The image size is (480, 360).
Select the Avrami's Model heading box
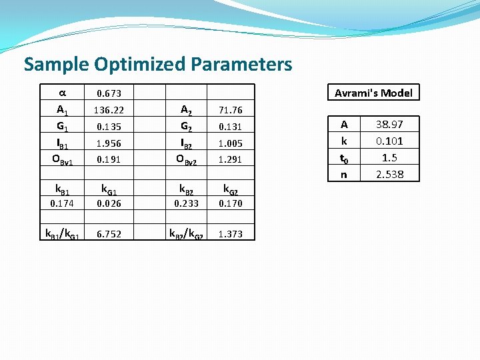click(x=373, y=93)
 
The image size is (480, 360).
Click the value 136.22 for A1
click(x=109, y=110)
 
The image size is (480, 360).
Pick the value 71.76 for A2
click(x=230, y=111)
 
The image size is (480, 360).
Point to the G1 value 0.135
click(x=109, y=127)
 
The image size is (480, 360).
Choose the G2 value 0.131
click(x=230, y=127)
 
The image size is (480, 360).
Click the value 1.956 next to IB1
click(x=109, y=143)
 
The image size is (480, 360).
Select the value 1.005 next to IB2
click(x=230, y=143)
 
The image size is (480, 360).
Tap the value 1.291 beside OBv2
click(x=230, y=160)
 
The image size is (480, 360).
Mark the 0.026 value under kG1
click(x=109, y=203)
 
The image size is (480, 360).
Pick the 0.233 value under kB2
click(x=186, y=203)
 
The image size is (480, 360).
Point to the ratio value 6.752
click(x=109, y=234)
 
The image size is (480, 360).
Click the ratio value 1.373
click(x=230, y=234)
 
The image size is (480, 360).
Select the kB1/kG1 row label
click(x=62, y=234)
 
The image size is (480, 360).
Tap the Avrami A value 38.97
click(x=389, y=125)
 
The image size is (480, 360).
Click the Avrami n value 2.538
click(x=389, y=175)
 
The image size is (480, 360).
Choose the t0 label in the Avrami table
click(x=344, y=159)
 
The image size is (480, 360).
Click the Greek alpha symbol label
click(x=61, y=91)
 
